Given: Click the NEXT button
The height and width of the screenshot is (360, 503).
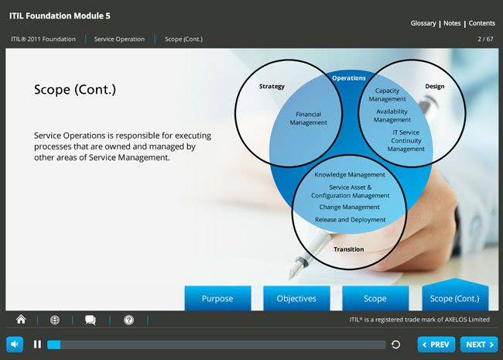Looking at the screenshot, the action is (x=479, y=345).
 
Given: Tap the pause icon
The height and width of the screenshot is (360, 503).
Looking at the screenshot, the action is (x=37, y=345).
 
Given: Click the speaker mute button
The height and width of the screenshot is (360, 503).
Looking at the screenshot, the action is (x=15, y=345).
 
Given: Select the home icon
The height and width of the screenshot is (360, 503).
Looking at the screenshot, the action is (x=21, y=319).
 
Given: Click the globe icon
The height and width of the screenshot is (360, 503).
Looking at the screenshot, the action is (x=55, y=320).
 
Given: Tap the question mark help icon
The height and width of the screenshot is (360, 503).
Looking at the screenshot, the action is (x=129, y=320).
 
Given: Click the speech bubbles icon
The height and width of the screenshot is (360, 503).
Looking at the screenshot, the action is (x=90, y=320).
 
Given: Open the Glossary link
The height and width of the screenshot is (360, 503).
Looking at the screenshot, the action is (x=423, y=23).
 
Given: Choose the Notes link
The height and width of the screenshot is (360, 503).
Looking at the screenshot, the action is (x=452, y=23).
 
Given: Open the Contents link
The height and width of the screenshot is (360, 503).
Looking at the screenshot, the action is (x=481, y=23).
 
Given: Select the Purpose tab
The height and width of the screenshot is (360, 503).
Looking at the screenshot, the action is (x=217, y=298).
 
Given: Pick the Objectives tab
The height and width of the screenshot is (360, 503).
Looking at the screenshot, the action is (x=296, y=298).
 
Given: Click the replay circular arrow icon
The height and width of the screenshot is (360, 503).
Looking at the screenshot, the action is (x=396, y=345).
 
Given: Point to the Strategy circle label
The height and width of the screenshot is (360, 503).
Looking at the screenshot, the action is (x=272, y=86).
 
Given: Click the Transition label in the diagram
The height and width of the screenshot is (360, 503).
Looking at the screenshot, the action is (x=349, y=249).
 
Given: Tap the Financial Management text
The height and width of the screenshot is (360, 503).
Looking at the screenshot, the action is (x=308, y=118).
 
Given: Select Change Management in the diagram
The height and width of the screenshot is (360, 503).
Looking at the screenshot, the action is (x=349, y=207).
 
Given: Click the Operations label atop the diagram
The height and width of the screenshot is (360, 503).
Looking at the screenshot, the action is (x=349, y=78).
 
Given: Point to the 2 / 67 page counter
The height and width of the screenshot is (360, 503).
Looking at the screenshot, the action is (x=485, y=39).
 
